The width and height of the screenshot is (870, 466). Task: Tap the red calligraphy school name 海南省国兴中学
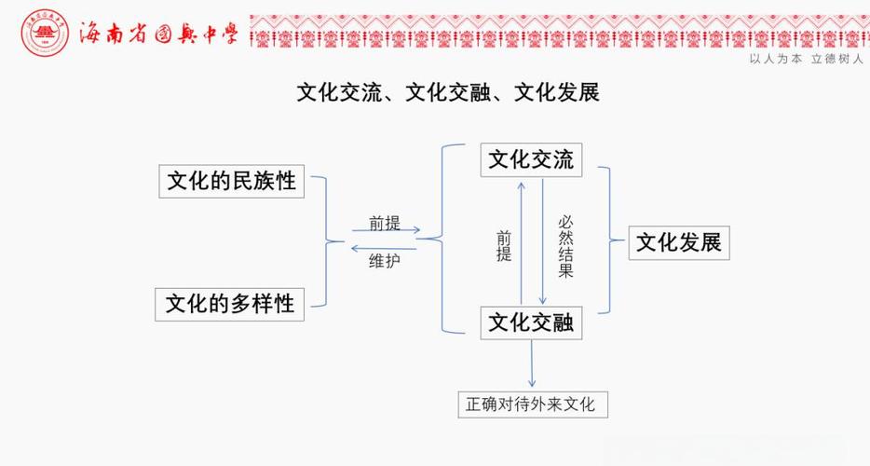click(x=158, y=34)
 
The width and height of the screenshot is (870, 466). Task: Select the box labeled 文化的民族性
click(x=231, y=180)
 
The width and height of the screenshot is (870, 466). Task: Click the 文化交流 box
click(x=531, y=159)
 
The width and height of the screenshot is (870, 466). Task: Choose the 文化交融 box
click(x=531, y=322)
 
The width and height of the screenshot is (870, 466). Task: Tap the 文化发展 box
click(x=678, y=242)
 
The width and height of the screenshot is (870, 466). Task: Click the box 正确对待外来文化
click(x=532, y=404)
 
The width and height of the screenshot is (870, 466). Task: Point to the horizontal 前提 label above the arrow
click(x=384, y=223)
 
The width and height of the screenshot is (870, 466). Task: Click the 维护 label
click(x=384, y=262)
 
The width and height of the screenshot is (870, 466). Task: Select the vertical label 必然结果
click(x=565, y=246)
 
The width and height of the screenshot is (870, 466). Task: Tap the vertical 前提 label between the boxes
click(x=504, y=246)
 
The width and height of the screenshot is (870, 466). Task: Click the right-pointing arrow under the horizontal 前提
click(x=387, y=231)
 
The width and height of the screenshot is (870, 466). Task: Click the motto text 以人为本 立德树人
click(x=806, y=58)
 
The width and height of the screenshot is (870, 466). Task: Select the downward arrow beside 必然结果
click(x=543, y=240)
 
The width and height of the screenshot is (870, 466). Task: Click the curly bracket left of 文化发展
click(x=611, y=240)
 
